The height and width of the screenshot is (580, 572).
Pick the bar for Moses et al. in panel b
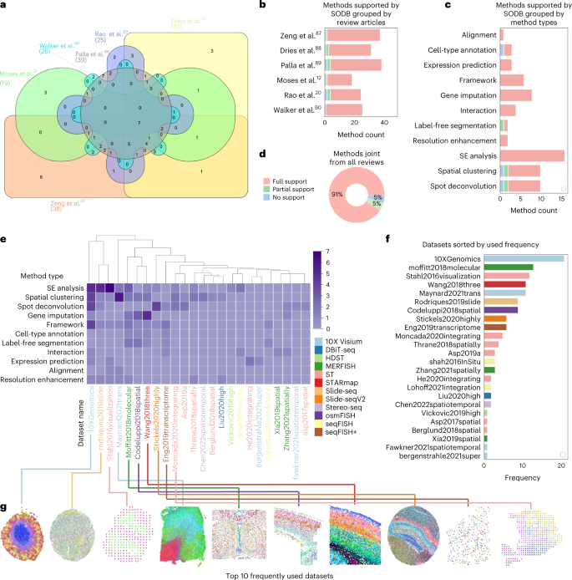338,79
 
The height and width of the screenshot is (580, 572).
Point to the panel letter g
5,507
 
